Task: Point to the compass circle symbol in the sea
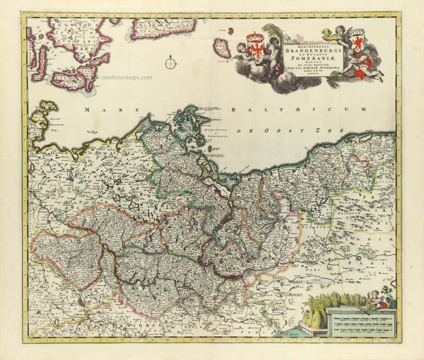(170, 64)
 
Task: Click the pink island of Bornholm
(221, 48)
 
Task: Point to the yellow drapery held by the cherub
(329, 33)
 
